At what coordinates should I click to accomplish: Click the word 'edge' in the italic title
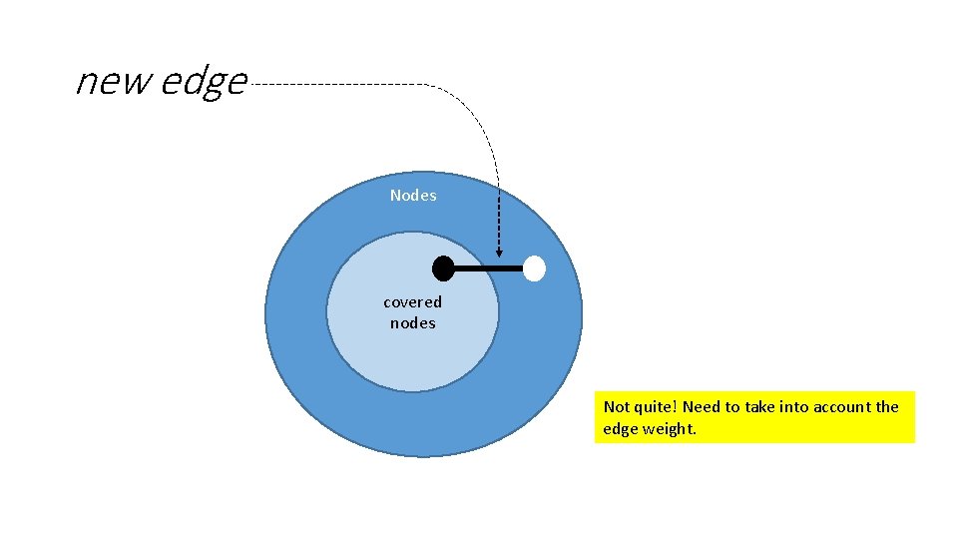coord(204,82)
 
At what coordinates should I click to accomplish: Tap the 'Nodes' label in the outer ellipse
coord(413,196)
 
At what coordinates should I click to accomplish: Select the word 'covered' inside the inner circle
coord(412,301)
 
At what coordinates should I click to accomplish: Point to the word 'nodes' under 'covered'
coord(412,322)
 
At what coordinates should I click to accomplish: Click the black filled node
coord(443,268)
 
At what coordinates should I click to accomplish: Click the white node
coord(535,269)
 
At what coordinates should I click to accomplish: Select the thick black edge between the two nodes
coord(488,269)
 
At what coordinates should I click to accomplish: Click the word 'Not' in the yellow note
coord(617,406)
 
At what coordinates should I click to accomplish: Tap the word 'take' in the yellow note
coord(756,406)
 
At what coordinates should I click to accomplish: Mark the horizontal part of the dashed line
coord(339,85)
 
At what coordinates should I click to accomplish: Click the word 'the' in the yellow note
coord(887,406)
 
